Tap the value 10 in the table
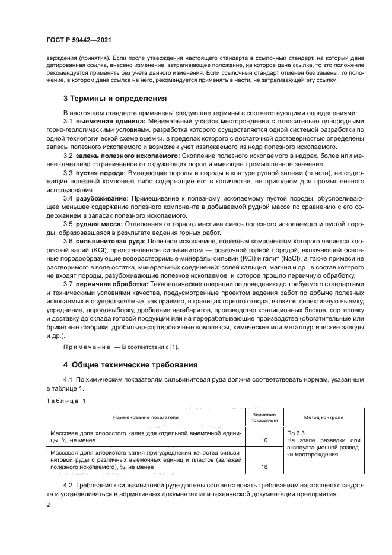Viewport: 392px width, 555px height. pos(264,441)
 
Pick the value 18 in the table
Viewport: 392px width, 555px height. pos(264,467)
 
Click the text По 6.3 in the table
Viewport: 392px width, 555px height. pos(295,433)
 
